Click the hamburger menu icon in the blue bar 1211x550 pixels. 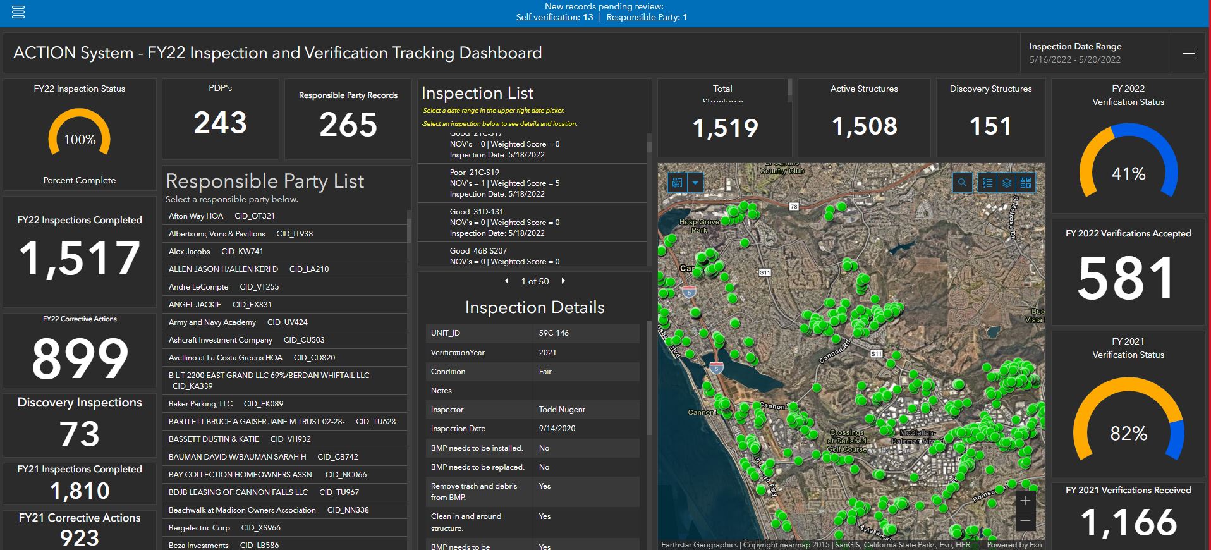(18, 11)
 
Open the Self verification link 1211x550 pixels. (547, 17)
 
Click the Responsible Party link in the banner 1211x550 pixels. (642, 17)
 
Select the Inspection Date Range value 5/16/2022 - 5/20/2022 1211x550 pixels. (1074, 59)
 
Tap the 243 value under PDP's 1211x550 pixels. (220, 123)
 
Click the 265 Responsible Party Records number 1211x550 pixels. (348, 125)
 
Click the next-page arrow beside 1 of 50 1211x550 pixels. (563, 281)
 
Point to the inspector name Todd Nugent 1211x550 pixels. (562, 409)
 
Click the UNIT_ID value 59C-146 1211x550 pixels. (554, 333)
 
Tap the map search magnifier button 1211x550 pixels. (962, 183)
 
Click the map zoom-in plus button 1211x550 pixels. (1025, 501)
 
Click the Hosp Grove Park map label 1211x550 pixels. (699, 226)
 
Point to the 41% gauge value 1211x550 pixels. (1128, 173)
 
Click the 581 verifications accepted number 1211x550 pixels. (1127, 279)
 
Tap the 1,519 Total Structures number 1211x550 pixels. (725, 128)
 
